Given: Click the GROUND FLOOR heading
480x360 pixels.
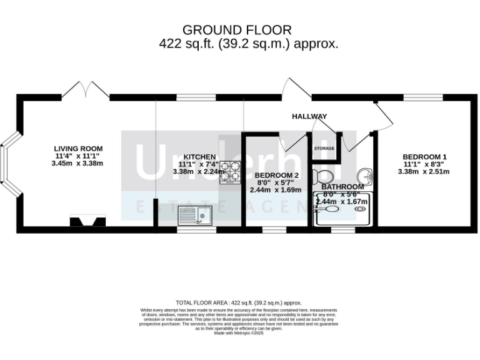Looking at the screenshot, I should pos(236,30).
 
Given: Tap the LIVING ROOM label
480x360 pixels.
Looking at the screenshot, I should pos(77,148).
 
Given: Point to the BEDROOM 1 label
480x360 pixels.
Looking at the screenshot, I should pos(424,157).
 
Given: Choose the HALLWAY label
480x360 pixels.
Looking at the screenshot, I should pos(309,116).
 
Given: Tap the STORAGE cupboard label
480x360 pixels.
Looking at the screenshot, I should pos(324,149).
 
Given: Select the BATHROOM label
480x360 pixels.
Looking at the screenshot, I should pos(342,186).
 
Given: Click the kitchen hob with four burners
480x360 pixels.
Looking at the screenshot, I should pos(229,172).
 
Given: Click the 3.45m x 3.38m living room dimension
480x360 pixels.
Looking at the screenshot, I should pos(77,163).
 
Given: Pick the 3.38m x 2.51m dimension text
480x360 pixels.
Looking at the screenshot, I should pos(424,171).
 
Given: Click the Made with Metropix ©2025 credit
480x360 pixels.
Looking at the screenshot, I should pos(239,333).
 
